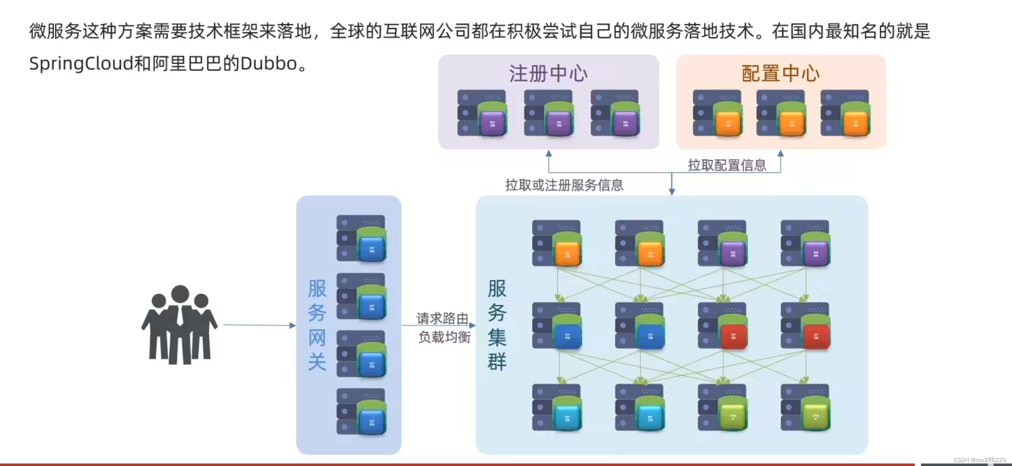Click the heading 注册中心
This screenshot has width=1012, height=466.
point(548,74)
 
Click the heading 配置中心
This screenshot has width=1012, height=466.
point(781,74)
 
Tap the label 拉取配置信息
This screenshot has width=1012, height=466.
point(727,165)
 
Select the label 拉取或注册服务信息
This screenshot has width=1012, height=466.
point(564,185)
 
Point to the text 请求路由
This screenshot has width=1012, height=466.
point(442,318)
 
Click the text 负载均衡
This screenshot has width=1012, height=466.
point(444,337)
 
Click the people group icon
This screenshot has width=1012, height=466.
point(179,325)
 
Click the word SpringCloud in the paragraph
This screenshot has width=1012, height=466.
point(81,64)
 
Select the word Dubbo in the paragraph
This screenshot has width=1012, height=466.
point(269,64)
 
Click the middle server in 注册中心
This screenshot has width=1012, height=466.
point(549,113)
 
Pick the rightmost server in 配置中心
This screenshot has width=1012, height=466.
point(845,113)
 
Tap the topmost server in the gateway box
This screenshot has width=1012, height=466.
point(361,238)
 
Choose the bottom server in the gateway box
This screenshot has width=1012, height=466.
point(361,411)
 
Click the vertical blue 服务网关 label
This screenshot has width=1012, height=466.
point(317,325)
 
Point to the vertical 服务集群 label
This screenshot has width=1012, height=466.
point(497,325)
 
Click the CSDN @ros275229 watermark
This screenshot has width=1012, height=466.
point(980,460)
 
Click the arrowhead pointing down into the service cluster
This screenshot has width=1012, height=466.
point(672,192)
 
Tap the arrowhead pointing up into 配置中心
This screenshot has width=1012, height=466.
point(780,154)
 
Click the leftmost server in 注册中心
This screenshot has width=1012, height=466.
point(482,113)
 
